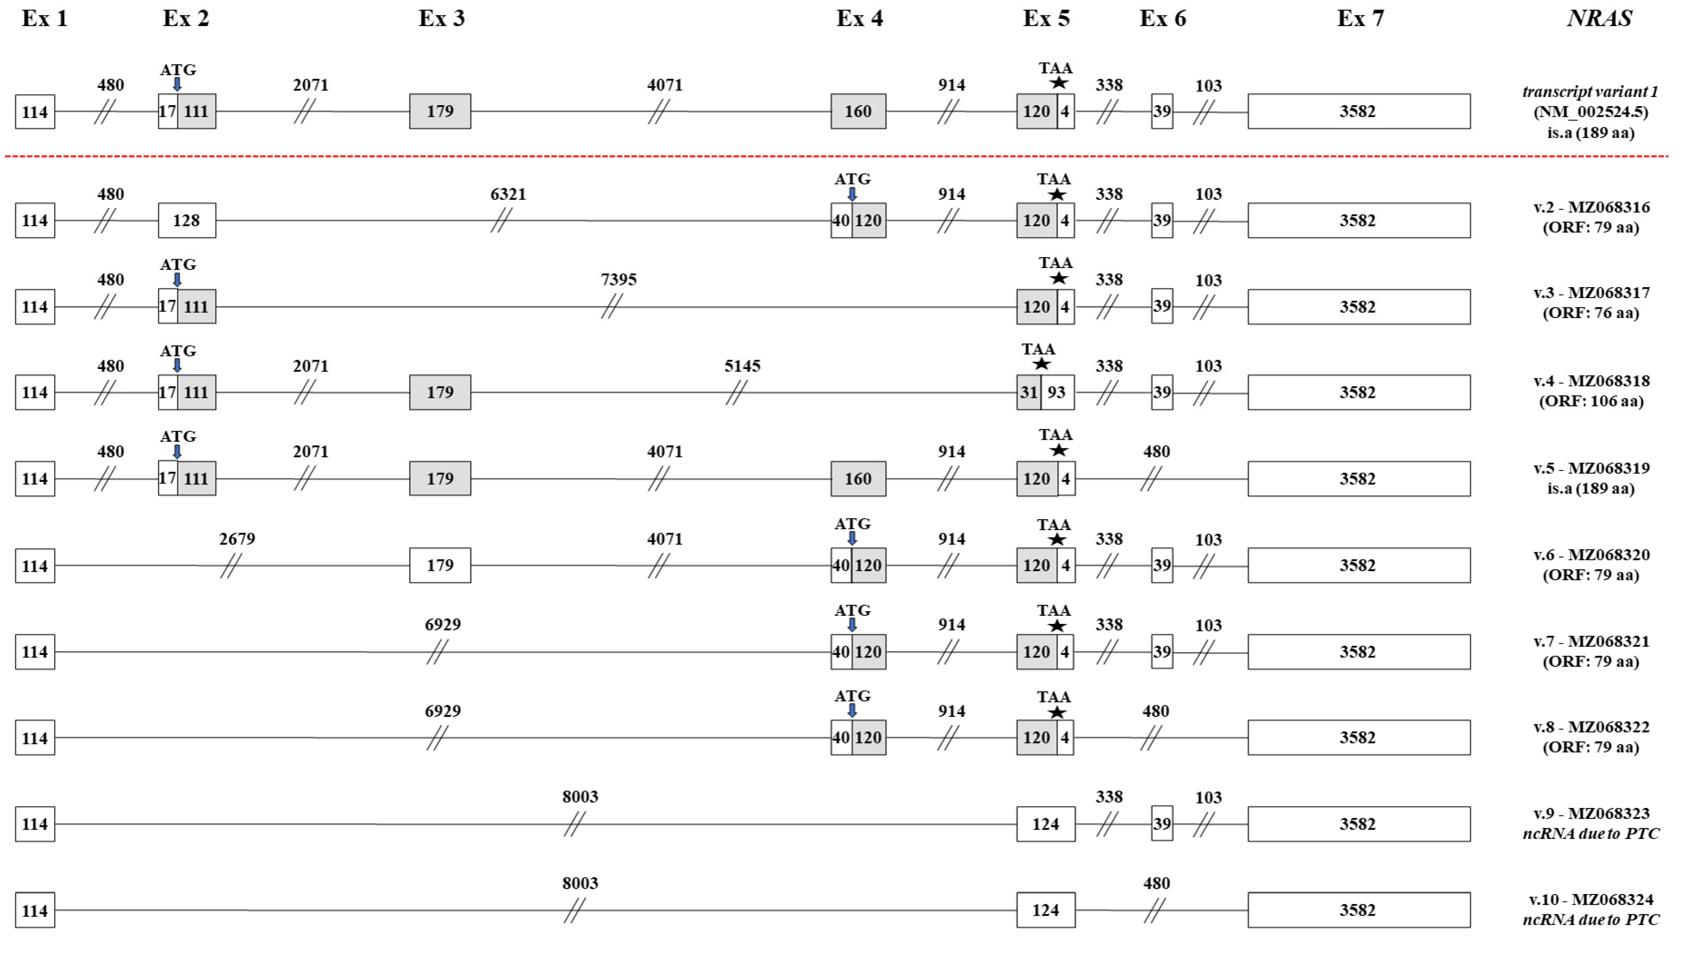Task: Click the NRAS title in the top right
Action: point(1599,18)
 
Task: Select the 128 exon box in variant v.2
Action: point(187,221)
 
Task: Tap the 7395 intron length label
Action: point(618,280)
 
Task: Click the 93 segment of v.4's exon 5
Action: point(1056,393)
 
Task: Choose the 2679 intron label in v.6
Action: point(237,539)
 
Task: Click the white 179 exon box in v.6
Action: point(440,565)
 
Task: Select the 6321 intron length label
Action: point(508,194)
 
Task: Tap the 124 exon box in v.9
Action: point(1046,824)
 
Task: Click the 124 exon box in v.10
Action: point(1046,910)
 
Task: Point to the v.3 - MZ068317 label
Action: point(1591,293)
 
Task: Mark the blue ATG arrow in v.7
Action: point(852,624)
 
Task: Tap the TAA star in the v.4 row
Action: point(1041,364)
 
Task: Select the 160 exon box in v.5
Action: point(858,479)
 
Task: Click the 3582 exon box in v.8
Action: point(1358,737)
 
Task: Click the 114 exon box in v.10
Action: point(35,911)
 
